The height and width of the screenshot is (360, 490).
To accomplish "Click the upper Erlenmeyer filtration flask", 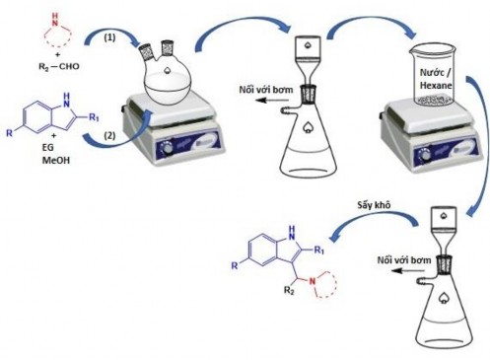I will (304, 138).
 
